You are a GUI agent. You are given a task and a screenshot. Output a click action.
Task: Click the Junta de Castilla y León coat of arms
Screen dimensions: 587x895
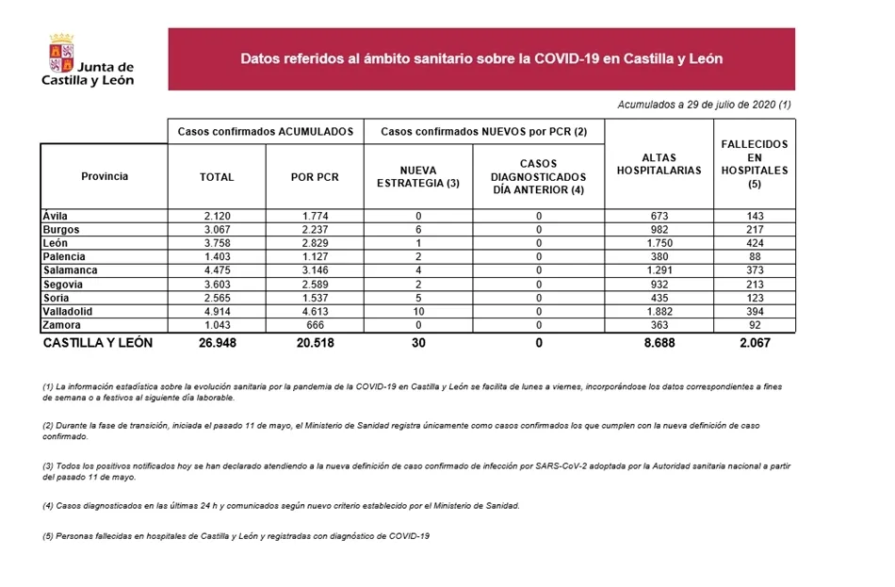tap(61, 52)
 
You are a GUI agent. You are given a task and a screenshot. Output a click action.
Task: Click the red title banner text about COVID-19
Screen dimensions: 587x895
tap(480, 58)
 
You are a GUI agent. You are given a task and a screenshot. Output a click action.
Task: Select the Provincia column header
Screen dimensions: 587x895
tap(105, 176)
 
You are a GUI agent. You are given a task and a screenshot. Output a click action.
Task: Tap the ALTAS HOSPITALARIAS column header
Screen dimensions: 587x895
tap(659, 164)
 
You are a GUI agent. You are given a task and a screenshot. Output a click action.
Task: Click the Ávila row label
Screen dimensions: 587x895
tap(56, 216)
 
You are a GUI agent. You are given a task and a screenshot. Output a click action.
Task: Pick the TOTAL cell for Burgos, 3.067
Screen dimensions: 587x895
tap(217, 230)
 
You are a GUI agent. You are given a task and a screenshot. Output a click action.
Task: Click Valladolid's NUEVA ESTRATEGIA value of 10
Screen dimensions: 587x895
tap(418, 311)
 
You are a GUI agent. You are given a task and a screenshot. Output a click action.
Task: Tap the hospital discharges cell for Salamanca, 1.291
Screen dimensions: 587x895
tap(659, 270)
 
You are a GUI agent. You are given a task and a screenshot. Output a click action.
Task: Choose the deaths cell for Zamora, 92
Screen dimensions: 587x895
tap(754, 324)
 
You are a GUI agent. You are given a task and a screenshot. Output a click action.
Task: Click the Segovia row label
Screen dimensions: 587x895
tap(62, 284)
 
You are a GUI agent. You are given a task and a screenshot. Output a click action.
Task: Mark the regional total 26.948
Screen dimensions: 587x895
tap(216, 343)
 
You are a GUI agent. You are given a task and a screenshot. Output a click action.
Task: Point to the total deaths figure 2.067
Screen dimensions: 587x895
tap(754, 343)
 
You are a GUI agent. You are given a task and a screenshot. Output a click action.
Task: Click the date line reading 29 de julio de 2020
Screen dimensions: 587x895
tap(704, 105)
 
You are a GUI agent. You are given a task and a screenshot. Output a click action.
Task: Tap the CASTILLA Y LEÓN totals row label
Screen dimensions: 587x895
tap(98, 343)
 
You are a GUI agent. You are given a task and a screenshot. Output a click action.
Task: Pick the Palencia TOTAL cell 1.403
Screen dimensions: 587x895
tap(217, 256)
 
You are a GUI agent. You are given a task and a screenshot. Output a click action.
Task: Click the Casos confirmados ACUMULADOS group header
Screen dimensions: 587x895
tap(266, 131)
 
